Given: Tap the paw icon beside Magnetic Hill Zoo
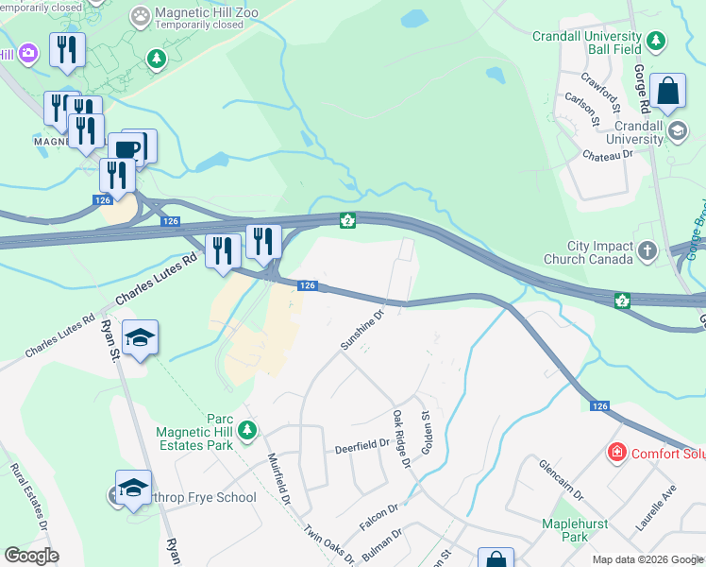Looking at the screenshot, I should pyautogui.click(x=141, y=15).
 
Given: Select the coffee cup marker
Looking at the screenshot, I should pyautogui.click(x=126, y=150).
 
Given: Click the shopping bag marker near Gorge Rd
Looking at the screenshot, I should pyautogui.click(x=667, y=92).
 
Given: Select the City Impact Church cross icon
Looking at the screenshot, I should pyautogui.click(x=647, y=250).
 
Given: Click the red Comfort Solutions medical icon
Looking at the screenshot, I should pyautogui.click(x=617, y=454).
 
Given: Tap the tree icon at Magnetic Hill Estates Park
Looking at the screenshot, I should pyautogui.click(x=247, y=431).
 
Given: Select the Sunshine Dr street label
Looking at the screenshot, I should pyautogui.click(x=362, y=330).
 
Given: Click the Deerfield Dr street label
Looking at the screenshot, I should pyautogui.click(x=362, y=447).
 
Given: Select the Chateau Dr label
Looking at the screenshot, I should pyautogui.click(x=607, y=154).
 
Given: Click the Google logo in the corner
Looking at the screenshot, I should pyautogui.click(x=31, y=556).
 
